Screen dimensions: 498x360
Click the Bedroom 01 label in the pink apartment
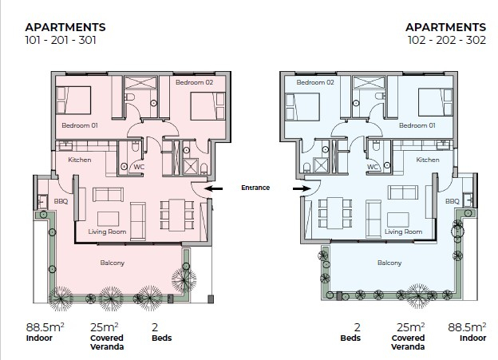coord(80,125)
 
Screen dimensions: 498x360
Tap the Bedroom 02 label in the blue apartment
coord(315,82)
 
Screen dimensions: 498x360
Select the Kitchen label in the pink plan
coord(79,160)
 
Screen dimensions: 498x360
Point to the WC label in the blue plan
coord(373,167)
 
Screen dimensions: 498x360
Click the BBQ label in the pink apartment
coord(61,201)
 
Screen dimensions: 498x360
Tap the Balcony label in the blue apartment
coord(389,263)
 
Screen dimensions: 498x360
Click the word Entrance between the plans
coord(255,188)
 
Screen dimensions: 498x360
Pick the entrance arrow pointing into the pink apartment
coord(213,188)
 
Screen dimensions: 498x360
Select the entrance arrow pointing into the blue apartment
coord(302,188)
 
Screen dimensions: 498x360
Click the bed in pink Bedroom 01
coord(73,101)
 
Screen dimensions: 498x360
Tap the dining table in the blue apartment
coord(335,213)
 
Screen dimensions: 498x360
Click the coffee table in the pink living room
coord(108,219)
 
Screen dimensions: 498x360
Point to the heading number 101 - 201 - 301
coord(61,41)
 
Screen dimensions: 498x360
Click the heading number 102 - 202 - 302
coord(447,41)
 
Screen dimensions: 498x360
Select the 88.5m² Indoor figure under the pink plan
coord(45,332)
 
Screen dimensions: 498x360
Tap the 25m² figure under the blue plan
coord(411,327)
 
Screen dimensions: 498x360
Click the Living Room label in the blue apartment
coord(403,232)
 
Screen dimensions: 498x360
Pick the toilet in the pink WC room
coord(135,146)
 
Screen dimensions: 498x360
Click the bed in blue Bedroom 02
coord(302,107)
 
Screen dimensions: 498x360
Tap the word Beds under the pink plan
coord(162,338)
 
